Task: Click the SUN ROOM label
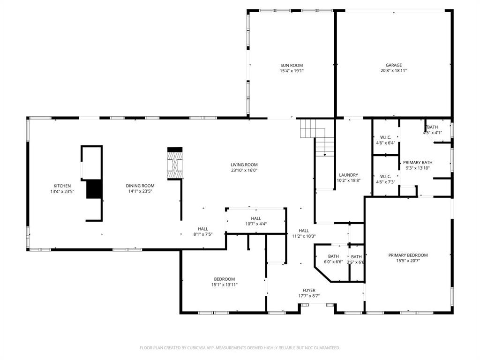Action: tap(292, 66)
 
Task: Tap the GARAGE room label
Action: tap(394, 66)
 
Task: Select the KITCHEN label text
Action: tap(62, 186)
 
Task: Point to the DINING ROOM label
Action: tap(140, 186)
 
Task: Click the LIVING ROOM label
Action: tap(244, 165)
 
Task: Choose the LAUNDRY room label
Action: tap(348, 175)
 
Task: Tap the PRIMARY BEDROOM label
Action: tap(408, 255)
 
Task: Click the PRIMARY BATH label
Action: tap(417, 162)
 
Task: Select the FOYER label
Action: tap(309, 291)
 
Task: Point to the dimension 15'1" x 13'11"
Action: tap(225, 285)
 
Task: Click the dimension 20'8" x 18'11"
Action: tap(394, 71)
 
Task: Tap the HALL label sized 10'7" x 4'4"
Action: tap(256, 218)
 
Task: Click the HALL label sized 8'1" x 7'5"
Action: tap(203, 229)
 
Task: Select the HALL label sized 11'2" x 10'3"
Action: tap(304, 231)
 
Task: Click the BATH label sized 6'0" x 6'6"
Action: tap(333, 256)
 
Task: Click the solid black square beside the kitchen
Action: tap(94, 189)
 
